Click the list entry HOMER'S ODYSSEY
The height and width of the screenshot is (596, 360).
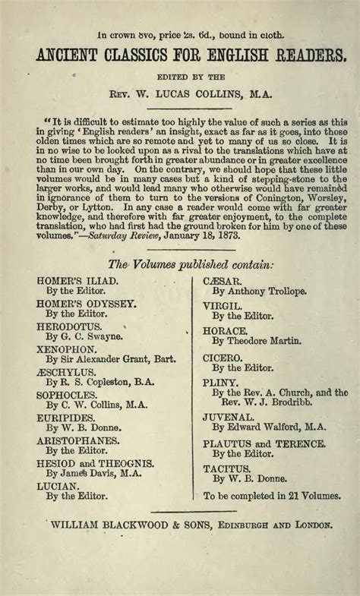coord(77,303)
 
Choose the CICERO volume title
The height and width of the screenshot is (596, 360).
coord(222,356)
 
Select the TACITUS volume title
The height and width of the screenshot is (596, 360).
coord(226,469)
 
